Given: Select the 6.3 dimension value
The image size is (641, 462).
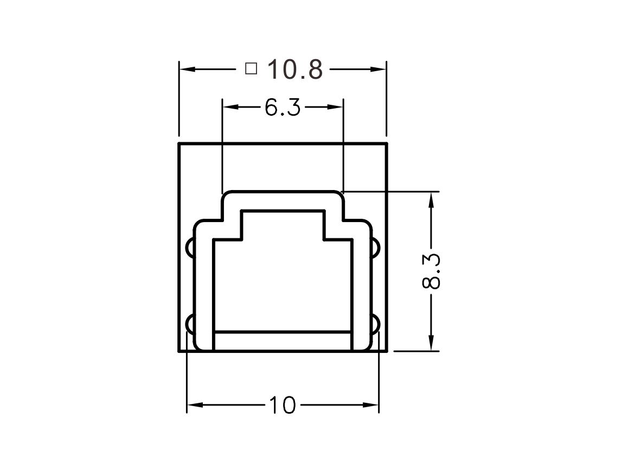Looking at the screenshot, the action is click(x=283, y=107).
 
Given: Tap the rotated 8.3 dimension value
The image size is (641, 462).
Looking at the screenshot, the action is click(x=431, y=271).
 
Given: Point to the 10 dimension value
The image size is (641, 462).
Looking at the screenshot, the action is click(x=282, y=405).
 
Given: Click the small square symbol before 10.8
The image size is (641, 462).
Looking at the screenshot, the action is click(x=251, y=68).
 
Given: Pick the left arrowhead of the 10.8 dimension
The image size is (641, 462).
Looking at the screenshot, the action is click(x=187, y=69).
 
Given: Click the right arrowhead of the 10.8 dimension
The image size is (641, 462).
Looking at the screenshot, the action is click(x=378, y=69).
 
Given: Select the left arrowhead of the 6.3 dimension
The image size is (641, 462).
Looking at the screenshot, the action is click(x=230, y=107).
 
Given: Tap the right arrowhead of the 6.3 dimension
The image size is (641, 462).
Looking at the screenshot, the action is click(x=335, y=107).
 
